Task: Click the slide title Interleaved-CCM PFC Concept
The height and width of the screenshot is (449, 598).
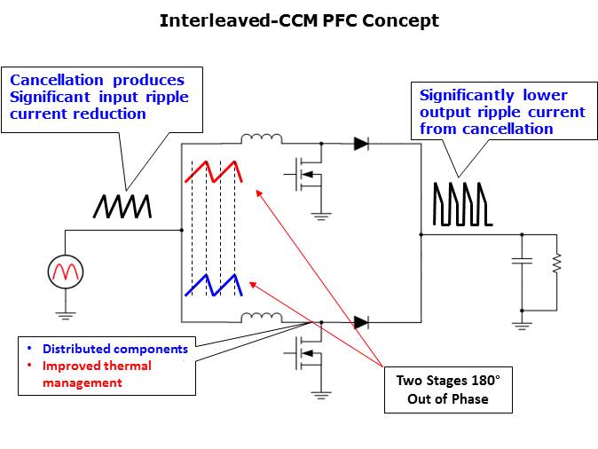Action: (x=299, y=20)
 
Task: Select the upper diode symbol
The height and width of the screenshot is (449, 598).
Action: (x=361, y=143)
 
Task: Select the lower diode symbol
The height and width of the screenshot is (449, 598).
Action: (x=361, y=322)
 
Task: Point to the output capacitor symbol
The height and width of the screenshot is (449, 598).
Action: (x=521, y=263)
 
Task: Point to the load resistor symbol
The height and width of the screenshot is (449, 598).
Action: (x=556, y=263)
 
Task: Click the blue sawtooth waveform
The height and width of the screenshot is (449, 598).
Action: (x=214, y=285)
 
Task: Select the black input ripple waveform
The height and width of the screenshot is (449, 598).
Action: (x=122, y=205)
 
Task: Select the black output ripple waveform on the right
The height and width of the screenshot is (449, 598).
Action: (x=459, y=203)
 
